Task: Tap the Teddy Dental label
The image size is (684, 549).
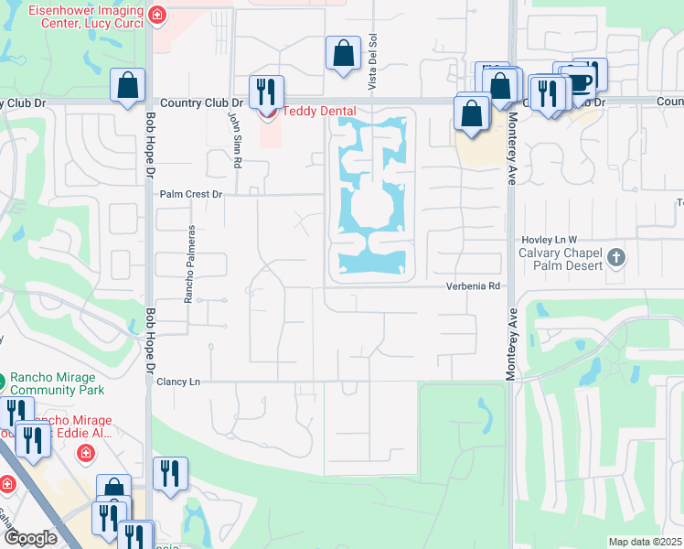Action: (x=317, y=112)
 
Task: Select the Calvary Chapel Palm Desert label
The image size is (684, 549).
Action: (x=561, y=259)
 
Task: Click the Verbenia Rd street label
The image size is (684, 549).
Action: (x=473, y=286)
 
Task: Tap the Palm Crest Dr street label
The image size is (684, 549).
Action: (x=191, y=195)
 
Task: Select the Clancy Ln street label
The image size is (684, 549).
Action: (x=177, y=381)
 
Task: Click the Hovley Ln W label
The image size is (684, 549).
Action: (x=548, y=238)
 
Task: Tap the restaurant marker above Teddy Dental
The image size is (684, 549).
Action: (x=266, y=91)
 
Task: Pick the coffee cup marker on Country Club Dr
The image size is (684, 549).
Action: (x=582, y=81)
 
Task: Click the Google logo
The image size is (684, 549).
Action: (x=30, y=538)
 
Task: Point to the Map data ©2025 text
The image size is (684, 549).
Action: (x=645, y=542)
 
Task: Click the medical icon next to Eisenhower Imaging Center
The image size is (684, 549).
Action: (x=158, y=15)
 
